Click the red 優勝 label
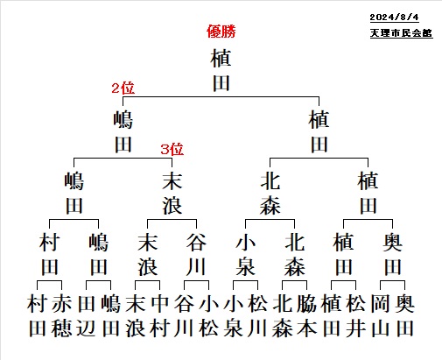[221, 32]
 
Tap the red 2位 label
[123, 88]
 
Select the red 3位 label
[172, 149]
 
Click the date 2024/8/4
[394, 18]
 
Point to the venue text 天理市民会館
[401, 33]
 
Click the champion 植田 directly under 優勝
[221, 70]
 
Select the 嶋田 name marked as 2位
[123, 131]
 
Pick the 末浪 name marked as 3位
[172, 193]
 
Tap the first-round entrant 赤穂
[62, 316]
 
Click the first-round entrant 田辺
[87, 316]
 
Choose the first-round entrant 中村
[160, 316]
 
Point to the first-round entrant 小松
[209, 316]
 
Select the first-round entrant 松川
[258, 316]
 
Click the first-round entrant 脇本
[307, 316]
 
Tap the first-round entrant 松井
[356, 316]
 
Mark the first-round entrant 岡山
[381, 316]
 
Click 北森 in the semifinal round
[270, 193]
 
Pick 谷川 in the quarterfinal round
[197, 254]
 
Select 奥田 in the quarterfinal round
[393, 254]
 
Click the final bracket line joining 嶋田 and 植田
[221, 97]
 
